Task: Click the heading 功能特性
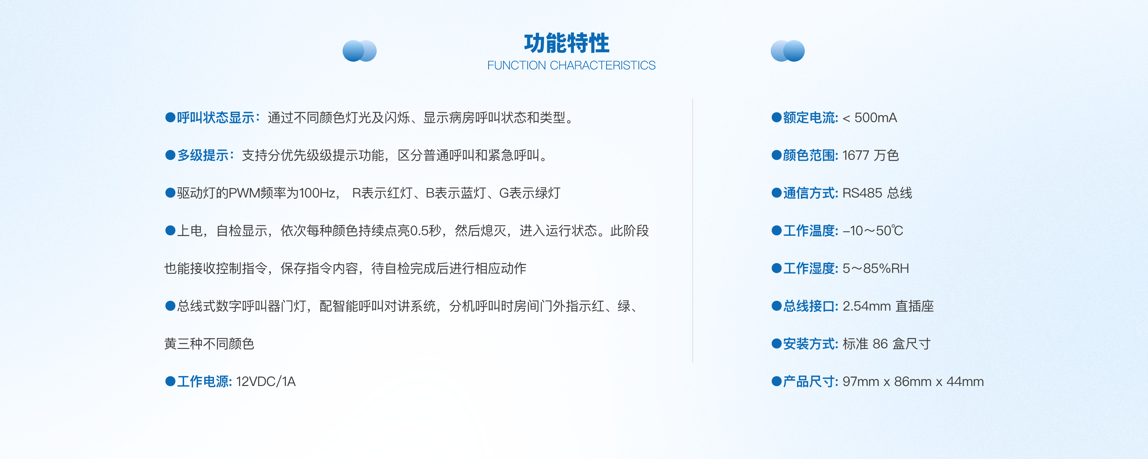click(x=567, y=43)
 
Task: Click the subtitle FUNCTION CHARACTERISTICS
click(x=571, y=66)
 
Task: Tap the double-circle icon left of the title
click(x=359, y=51)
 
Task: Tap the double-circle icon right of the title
click(x=787, y=51)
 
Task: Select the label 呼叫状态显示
click(x=216, y=118)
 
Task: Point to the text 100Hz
click(x=317, y=193)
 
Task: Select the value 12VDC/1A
click(x=265, y=382)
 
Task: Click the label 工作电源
click(x=204, y=382)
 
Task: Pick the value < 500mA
click(x=869, y=118)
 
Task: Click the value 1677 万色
click(x=870, y=155)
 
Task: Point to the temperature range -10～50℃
click(x=873, y=231)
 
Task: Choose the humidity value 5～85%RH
click(x=875, y=268)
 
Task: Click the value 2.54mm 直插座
click(x=888, y=306)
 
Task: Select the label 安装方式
click(x=810, y=344)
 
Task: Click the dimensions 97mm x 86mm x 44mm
click(x=913, y=382)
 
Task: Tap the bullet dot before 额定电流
click(x=776, y=118)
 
